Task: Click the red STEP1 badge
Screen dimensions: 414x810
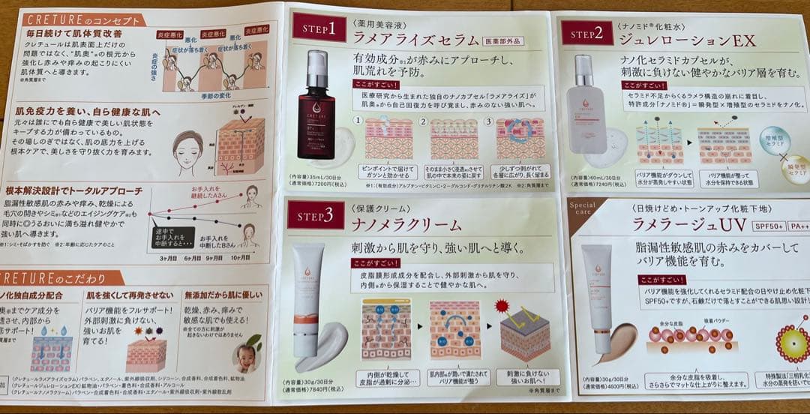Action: pyautogui.click(x=319, y=27)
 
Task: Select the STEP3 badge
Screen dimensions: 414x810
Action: pyautogui.click(x=315, y=214)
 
